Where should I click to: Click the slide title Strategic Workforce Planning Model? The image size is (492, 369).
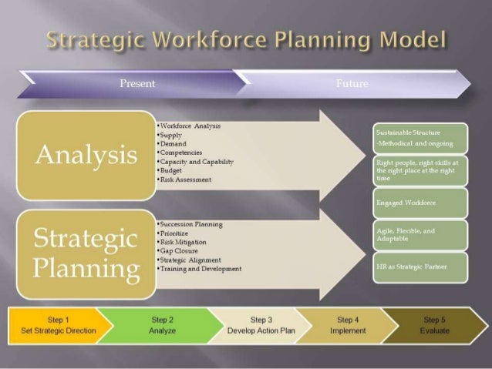click(247, 39)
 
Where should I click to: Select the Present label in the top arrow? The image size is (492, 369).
click(137, 83)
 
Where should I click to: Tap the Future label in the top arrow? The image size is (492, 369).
click(352, 83)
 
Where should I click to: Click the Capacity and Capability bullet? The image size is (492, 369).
click(196, 162)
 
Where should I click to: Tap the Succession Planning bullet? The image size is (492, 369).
click(191, 224)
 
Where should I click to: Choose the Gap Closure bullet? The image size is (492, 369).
click(180, 251)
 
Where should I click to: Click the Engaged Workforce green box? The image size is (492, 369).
click(420, 203)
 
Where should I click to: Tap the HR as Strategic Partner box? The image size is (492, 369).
click(420, 267)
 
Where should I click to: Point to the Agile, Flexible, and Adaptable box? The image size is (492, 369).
click(420, 234)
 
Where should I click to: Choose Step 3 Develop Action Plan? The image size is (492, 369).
click(261, 324)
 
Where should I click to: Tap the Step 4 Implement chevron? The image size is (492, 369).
click(347, 324)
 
